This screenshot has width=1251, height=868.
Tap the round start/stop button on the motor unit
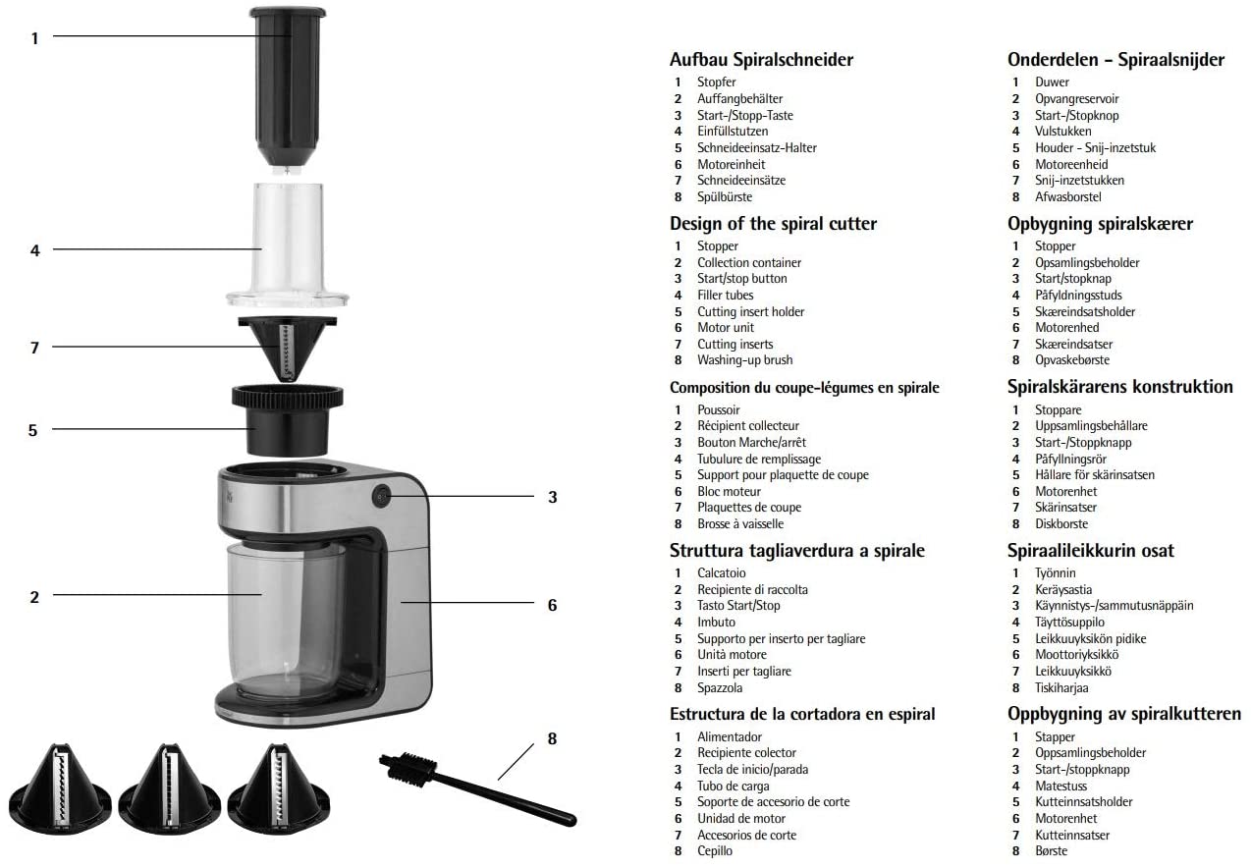[381, 497]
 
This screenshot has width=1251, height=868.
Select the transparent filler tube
[289, 241]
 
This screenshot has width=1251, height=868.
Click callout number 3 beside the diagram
[552, 497]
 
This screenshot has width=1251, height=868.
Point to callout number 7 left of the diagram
[34, 347]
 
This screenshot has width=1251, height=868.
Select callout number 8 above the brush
[552, 737]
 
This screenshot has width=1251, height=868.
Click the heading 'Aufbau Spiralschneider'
[761, 60]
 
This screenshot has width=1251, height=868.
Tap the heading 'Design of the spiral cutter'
[773, 224]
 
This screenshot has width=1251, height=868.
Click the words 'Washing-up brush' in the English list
[744, 360]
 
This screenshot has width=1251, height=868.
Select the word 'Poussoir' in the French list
[719, 409]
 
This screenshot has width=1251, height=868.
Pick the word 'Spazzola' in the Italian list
[720, 688]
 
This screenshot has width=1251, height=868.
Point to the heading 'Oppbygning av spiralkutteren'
[1124, 714]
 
